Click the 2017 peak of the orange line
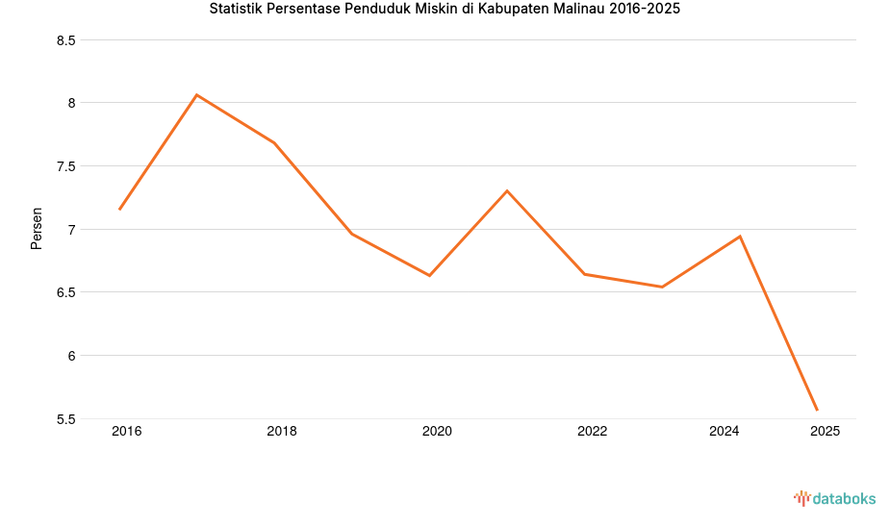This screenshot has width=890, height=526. [x=196, y=94]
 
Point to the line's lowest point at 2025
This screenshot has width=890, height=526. [x=817, y=411]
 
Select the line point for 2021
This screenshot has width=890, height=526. [x=507, y=190]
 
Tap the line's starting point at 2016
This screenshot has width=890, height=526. [x=119, y=210]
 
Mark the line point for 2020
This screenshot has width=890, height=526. [x=429, y=275]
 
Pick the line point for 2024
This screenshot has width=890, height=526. [x=740, y=236]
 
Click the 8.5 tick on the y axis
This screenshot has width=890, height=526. [x=66, y=40]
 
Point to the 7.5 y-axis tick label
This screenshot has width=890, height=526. [x=66, y=166]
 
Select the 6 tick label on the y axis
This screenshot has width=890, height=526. [x=71, y=356]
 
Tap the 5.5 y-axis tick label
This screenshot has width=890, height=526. [x=66, y=419]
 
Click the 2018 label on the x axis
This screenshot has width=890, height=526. [x=282, y=431]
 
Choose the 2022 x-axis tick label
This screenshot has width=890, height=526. [x=592, y=431]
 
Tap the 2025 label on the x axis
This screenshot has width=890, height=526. [x=825, y=431]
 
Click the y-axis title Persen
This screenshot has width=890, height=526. [x=37, y=228]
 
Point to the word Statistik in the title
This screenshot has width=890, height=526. [x=241, y=10]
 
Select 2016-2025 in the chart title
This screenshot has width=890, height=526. [x=645, y=10]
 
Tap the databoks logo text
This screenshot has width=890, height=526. [x=844, y=498]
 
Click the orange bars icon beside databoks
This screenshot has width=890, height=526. [x=801, y=498]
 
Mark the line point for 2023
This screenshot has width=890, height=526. [x=662, y=287]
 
